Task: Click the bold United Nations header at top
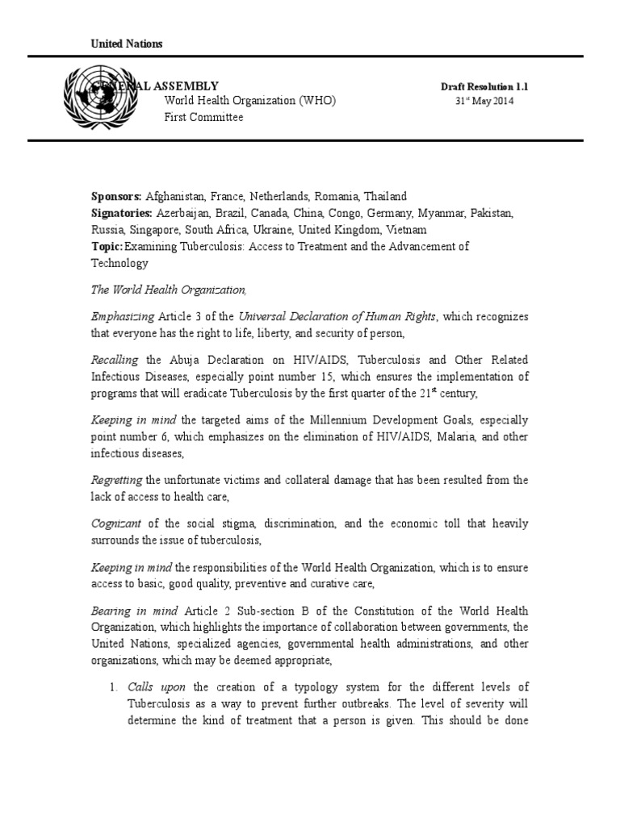pos(125,44)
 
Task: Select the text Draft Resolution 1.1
pos(484,86)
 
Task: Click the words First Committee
pos(203,117)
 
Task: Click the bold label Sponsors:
pos(116,197)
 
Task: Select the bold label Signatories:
pos(123,213)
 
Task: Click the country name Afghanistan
pos(175,197)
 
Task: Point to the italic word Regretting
pos(116,480)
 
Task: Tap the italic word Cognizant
pos(115,524)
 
